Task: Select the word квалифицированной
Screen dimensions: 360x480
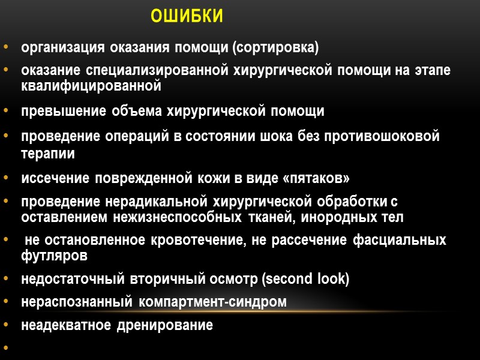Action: coord(91,86)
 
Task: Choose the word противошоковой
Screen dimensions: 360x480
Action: coord(382,136)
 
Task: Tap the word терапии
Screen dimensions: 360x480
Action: coord(48,153)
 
